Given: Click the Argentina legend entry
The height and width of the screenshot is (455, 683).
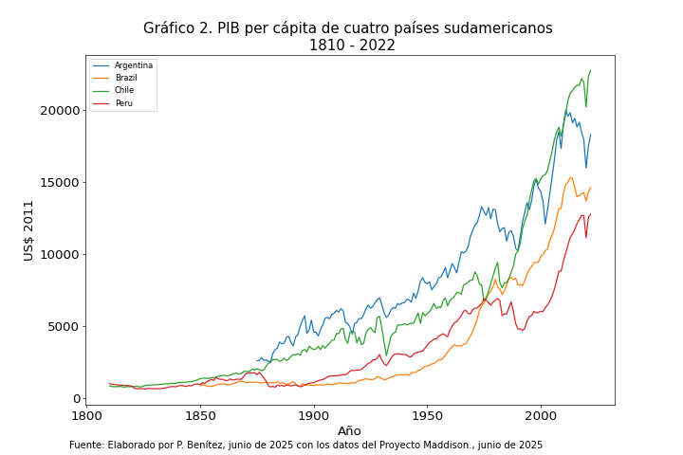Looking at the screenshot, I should pos(133,65).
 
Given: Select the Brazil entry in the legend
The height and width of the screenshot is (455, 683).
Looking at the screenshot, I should pos(126,78).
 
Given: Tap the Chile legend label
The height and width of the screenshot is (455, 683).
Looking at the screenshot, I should pos(125,90).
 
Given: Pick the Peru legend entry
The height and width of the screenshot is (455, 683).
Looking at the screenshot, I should pos(124,102).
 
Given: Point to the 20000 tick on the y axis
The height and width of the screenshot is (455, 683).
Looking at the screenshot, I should pos(60,110).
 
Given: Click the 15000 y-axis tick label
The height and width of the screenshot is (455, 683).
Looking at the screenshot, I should pos(60,182).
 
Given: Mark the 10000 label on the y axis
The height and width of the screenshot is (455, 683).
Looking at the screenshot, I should pos(60,254).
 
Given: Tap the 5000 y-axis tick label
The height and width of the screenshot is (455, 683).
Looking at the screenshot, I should pos(63,326).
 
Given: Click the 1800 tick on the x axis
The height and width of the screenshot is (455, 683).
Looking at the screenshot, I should pos(86,415).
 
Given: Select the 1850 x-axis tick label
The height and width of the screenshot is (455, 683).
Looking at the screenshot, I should pos(200,415).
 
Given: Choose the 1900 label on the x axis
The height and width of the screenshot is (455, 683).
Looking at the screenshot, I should pos(314,415).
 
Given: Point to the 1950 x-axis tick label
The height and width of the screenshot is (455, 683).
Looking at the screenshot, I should pos(427,415).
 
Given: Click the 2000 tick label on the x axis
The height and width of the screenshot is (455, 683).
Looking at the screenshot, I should pos(541,415).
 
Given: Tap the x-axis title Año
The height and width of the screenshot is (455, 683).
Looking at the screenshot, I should pos(349,431).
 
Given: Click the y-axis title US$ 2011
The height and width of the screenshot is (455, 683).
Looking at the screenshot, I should pos(29,230).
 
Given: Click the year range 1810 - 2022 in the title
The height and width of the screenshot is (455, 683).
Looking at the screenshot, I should pos(352,45).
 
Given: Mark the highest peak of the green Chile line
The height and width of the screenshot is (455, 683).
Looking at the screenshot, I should pos(591,70).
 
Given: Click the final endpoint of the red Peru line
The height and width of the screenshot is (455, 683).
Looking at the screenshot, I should pos(591,214).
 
